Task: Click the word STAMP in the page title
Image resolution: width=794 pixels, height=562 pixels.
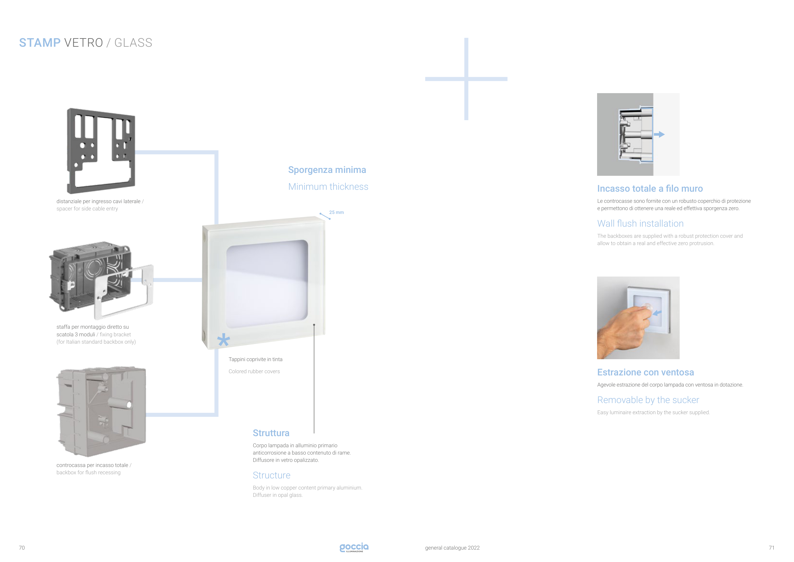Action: tap(40, 43)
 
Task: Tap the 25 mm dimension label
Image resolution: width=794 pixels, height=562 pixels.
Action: tap(336, 212)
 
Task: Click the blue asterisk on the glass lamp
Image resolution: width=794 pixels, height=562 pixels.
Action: tap(223, 340)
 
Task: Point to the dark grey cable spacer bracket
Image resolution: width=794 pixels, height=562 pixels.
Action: tap(101, 151)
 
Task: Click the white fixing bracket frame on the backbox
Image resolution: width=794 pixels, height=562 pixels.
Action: tap(124, 292)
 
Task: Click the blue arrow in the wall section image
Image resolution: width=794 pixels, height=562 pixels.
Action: tap(659, 134)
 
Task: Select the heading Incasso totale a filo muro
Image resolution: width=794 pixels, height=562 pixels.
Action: tap(650, 188)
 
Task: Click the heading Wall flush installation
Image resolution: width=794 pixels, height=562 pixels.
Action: tap(641, 223)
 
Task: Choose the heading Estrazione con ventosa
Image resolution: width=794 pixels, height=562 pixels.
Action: tap(646, 372)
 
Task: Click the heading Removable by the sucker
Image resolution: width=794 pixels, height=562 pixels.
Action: tap(648, 400)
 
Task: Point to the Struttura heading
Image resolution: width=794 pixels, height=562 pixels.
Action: tap(271, 433)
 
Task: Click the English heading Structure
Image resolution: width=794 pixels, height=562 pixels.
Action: tap(272, 475)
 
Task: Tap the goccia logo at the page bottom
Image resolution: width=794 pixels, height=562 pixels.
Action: tap(354, 547)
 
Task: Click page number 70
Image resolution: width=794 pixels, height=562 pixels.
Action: tap(22, 548)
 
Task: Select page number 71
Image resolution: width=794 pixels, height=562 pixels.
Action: tap(771, 548)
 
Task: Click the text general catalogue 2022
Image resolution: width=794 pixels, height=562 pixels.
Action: tap(452, 548)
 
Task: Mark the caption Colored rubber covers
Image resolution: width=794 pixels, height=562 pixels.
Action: tap(254, 371)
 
